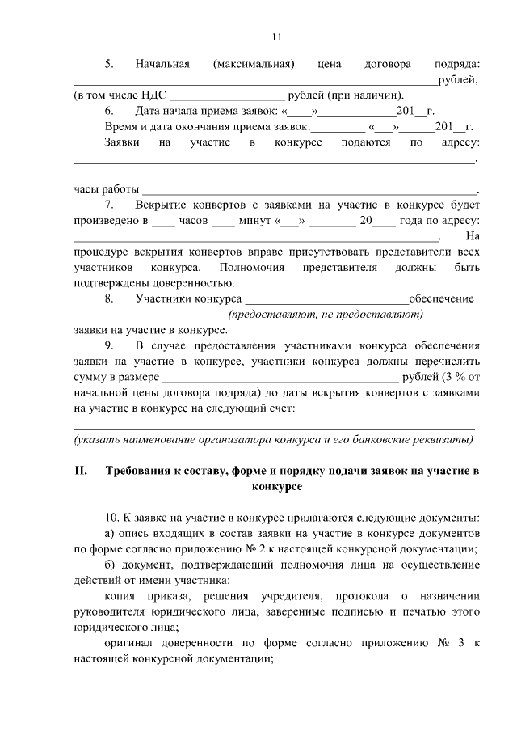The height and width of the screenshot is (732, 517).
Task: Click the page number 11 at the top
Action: pyautogui.click(x=275, y=36)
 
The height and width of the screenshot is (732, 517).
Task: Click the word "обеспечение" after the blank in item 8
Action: pyautogui.click(x=441, y=298)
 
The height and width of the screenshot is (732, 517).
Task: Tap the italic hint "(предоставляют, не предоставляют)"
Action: pyautogui.click(x=326, y=314)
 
